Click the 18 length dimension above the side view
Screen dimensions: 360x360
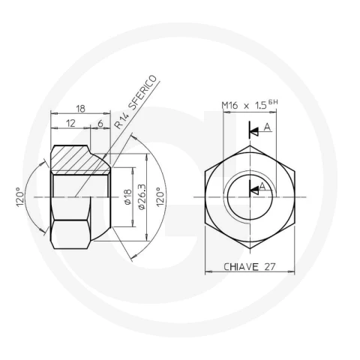point(80,109)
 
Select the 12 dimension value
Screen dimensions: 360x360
point(70,123)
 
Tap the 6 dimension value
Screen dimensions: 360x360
point(100,123)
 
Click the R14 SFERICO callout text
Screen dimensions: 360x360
point(136,102)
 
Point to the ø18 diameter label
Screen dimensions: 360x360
point(127,197)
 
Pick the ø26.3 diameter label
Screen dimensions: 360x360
point(142,197)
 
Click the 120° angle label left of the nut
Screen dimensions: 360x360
point(21,197)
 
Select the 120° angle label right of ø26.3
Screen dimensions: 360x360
point(160,197)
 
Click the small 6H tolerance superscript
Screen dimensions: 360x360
point(273,102)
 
